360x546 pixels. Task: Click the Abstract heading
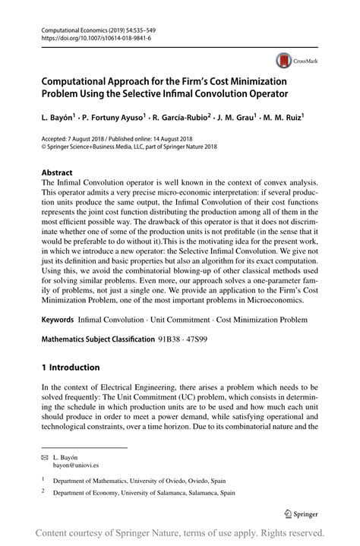point(57,172)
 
